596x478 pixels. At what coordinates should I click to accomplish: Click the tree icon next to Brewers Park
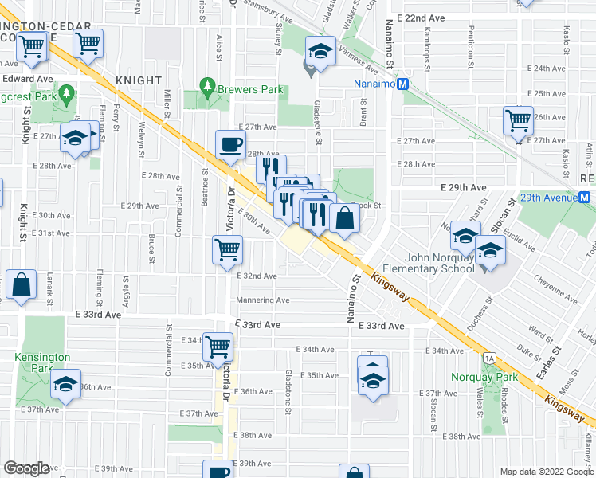click(x=207, y=84)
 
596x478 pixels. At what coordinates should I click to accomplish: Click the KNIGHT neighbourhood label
click(x=139, y=80)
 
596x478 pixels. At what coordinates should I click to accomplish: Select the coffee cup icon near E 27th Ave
click(x=230, y=144)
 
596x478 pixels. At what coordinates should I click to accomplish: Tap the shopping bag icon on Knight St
click(x=22, y=284)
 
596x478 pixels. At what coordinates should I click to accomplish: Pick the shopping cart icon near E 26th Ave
click(x=518, y=120)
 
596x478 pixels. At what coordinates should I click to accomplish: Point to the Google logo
click(x=26, y=468)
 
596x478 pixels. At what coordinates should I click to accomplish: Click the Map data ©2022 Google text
click(x=546, y=472)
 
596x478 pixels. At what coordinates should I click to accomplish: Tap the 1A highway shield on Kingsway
click(x=488, y=358)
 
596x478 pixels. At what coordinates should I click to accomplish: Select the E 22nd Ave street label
click(x=421, y=18)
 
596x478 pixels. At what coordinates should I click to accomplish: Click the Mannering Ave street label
click(x=262, y=300)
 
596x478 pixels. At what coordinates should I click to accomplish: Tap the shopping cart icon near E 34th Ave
click(x=218, y=347)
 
